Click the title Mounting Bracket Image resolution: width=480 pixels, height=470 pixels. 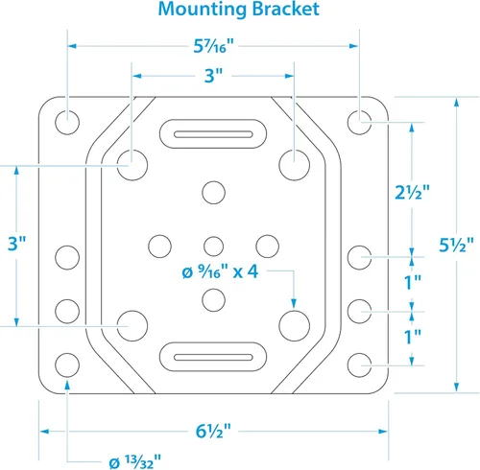click(x=239, y=10)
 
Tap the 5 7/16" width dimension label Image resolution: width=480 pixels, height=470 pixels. click(x=214, y=46)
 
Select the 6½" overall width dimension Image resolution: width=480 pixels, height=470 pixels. click(x=213, y=432)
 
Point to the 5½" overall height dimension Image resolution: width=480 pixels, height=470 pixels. click(x=456, y=245)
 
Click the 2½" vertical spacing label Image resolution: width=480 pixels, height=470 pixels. click(x=412, y=193)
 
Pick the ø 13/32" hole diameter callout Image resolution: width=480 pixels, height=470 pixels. click(x=135, y=461)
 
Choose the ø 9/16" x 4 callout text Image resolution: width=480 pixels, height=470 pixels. click(x=220, y=272)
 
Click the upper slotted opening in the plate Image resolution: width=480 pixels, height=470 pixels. click(x=213, y=134)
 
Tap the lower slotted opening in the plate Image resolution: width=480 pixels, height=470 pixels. click(x=213, y=357)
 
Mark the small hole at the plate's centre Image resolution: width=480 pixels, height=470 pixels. click(x=213, y=247)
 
